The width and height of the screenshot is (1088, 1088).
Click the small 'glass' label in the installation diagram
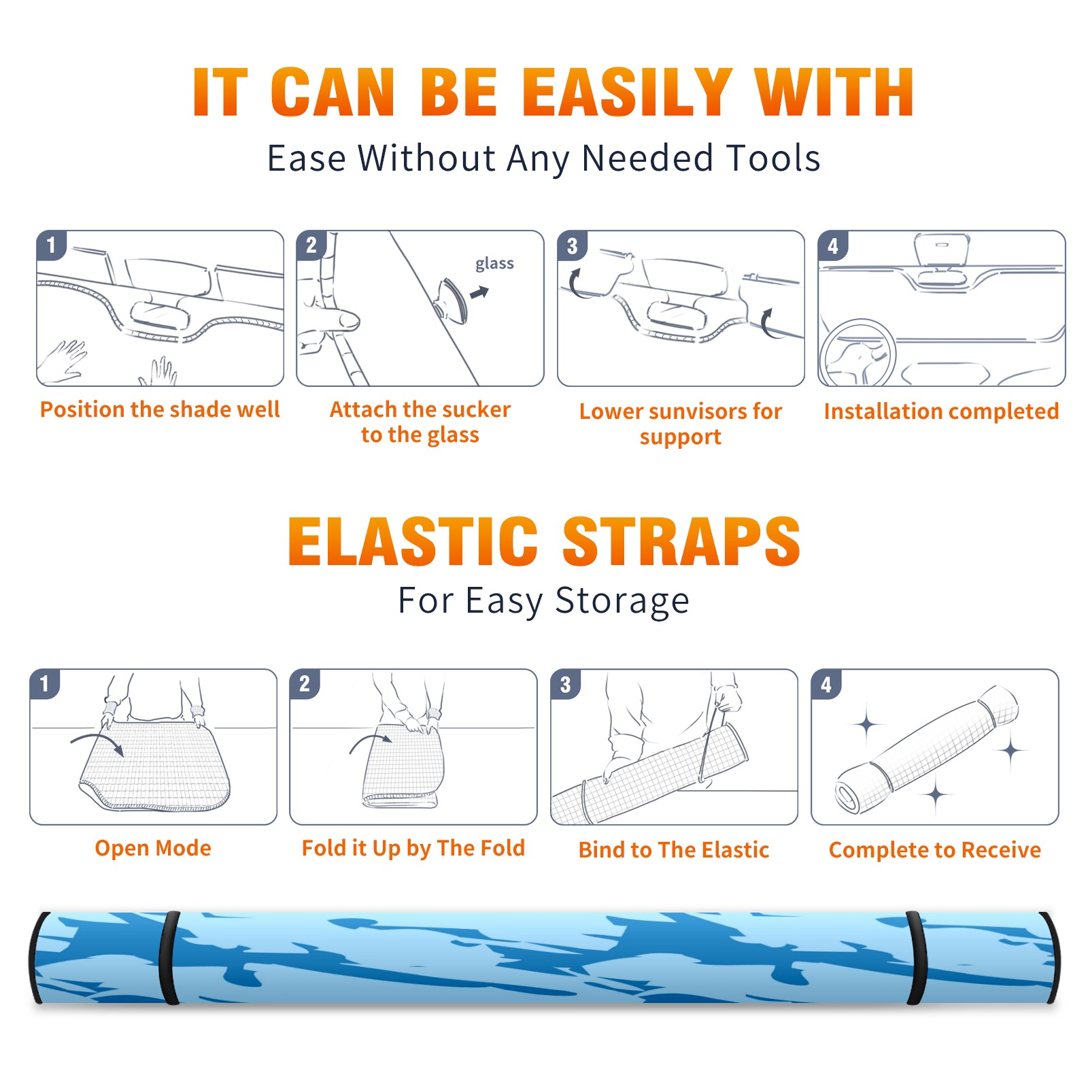click(494, 264)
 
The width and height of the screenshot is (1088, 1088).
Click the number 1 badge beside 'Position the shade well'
click(51, 245)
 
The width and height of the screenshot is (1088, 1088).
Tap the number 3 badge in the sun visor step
click(572, 245)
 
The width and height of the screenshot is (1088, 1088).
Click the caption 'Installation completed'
click(941, 411)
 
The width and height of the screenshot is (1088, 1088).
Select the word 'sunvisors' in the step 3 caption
click(698, 411)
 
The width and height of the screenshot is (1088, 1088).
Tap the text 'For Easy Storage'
click(543, 601)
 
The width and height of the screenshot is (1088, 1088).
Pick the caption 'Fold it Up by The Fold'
click(413, 849)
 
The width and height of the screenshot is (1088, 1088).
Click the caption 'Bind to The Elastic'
click(674, 850)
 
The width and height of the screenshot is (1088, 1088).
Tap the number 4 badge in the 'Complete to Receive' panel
click(826, 684)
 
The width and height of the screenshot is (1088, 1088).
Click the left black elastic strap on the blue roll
click(169, 958)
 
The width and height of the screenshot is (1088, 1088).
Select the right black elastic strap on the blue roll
click(917, 958)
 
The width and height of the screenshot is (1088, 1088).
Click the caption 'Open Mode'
click(153, 848)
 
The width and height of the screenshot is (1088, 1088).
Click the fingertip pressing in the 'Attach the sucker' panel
click(348, 320)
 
